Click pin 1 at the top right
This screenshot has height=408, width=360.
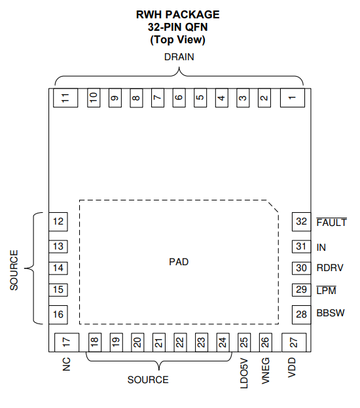(293, 98)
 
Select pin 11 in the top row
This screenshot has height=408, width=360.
(65, 98)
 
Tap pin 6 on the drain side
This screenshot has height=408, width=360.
(179, 98)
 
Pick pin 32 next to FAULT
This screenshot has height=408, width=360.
(302, 222)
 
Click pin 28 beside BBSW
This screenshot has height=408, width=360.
(302, 314)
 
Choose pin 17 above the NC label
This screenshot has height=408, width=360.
(67, 343)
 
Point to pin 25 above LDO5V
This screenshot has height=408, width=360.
(244, 343)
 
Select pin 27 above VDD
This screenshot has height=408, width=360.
(294, 343)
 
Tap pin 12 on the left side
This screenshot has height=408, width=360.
(58, 222)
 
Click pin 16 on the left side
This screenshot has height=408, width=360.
(58, 314)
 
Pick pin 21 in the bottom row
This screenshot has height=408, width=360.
(158, 343)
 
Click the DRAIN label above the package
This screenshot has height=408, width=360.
(179, 57)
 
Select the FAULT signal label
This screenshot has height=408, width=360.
(332, 222)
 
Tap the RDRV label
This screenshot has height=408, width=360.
(330, 268)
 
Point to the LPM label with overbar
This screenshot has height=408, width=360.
(326, 290)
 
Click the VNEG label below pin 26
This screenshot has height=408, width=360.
(265, 371)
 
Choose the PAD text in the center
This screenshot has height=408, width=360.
(179, 262)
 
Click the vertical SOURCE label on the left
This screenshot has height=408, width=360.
(14, 270)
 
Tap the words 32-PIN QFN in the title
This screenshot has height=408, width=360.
(178, 27)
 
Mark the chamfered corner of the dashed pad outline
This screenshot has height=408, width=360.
(273, 206)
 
